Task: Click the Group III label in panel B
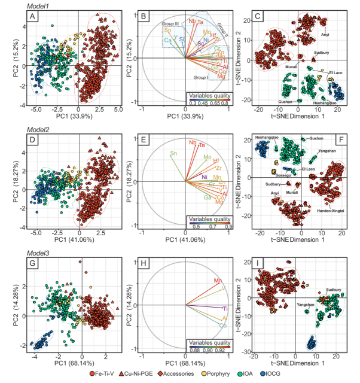point(170,23)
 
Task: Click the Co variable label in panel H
point(222,325)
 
